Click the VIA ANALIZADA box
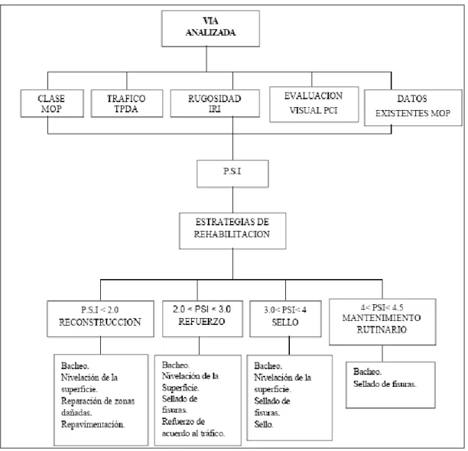pyautogui.click(x=210, y=28)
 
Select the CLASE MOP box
pyautogui.click(x=52, y=103)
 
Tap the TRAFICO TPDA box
pyautogui.click(x=127, y=103)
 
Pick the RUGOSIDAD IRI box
pyautogui.click(x=215, y=103)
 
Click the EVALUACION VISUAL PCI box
pyautogui.click(x=314, y=105)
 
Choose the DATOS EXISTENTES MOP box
pyautogui.click(x=413, y=108)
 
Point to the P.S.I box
pyautogui.click(x=232, y=174)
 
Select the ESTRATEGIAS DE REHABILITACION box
pyautogui.click(x=232, y=231)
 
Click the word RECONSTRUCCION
pyautogui.click(x=100, y=322)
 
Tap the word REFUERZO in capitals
pyautogui.click(x=202, y=322)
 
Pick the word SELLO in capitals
pyautogui.click(x=285, y=322)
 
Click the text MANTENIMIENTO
pyautogui.click(x=382, y=318)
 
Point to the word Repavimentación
pyautogui.click(x=93, y=424)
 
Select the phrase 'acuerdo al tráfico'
pyautogui.click(x=193, y=433)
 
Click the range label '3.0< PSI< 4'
pyautogui.click(x=285, y=310)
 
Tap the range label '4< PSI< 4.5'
pyautogui.click(x=382, y=307)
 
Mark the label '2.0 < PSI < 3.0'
pyautogui.click(x=202, y=309)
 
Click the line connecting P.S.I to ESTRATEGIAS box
pyautogui.click(x=232, y=200)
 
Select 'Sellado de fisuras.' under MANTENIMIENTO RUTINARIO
pyautogui.click(x=385, y=384)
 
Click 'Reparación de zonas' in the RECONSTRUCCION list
pyautogui.click(x=98, y=401)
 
